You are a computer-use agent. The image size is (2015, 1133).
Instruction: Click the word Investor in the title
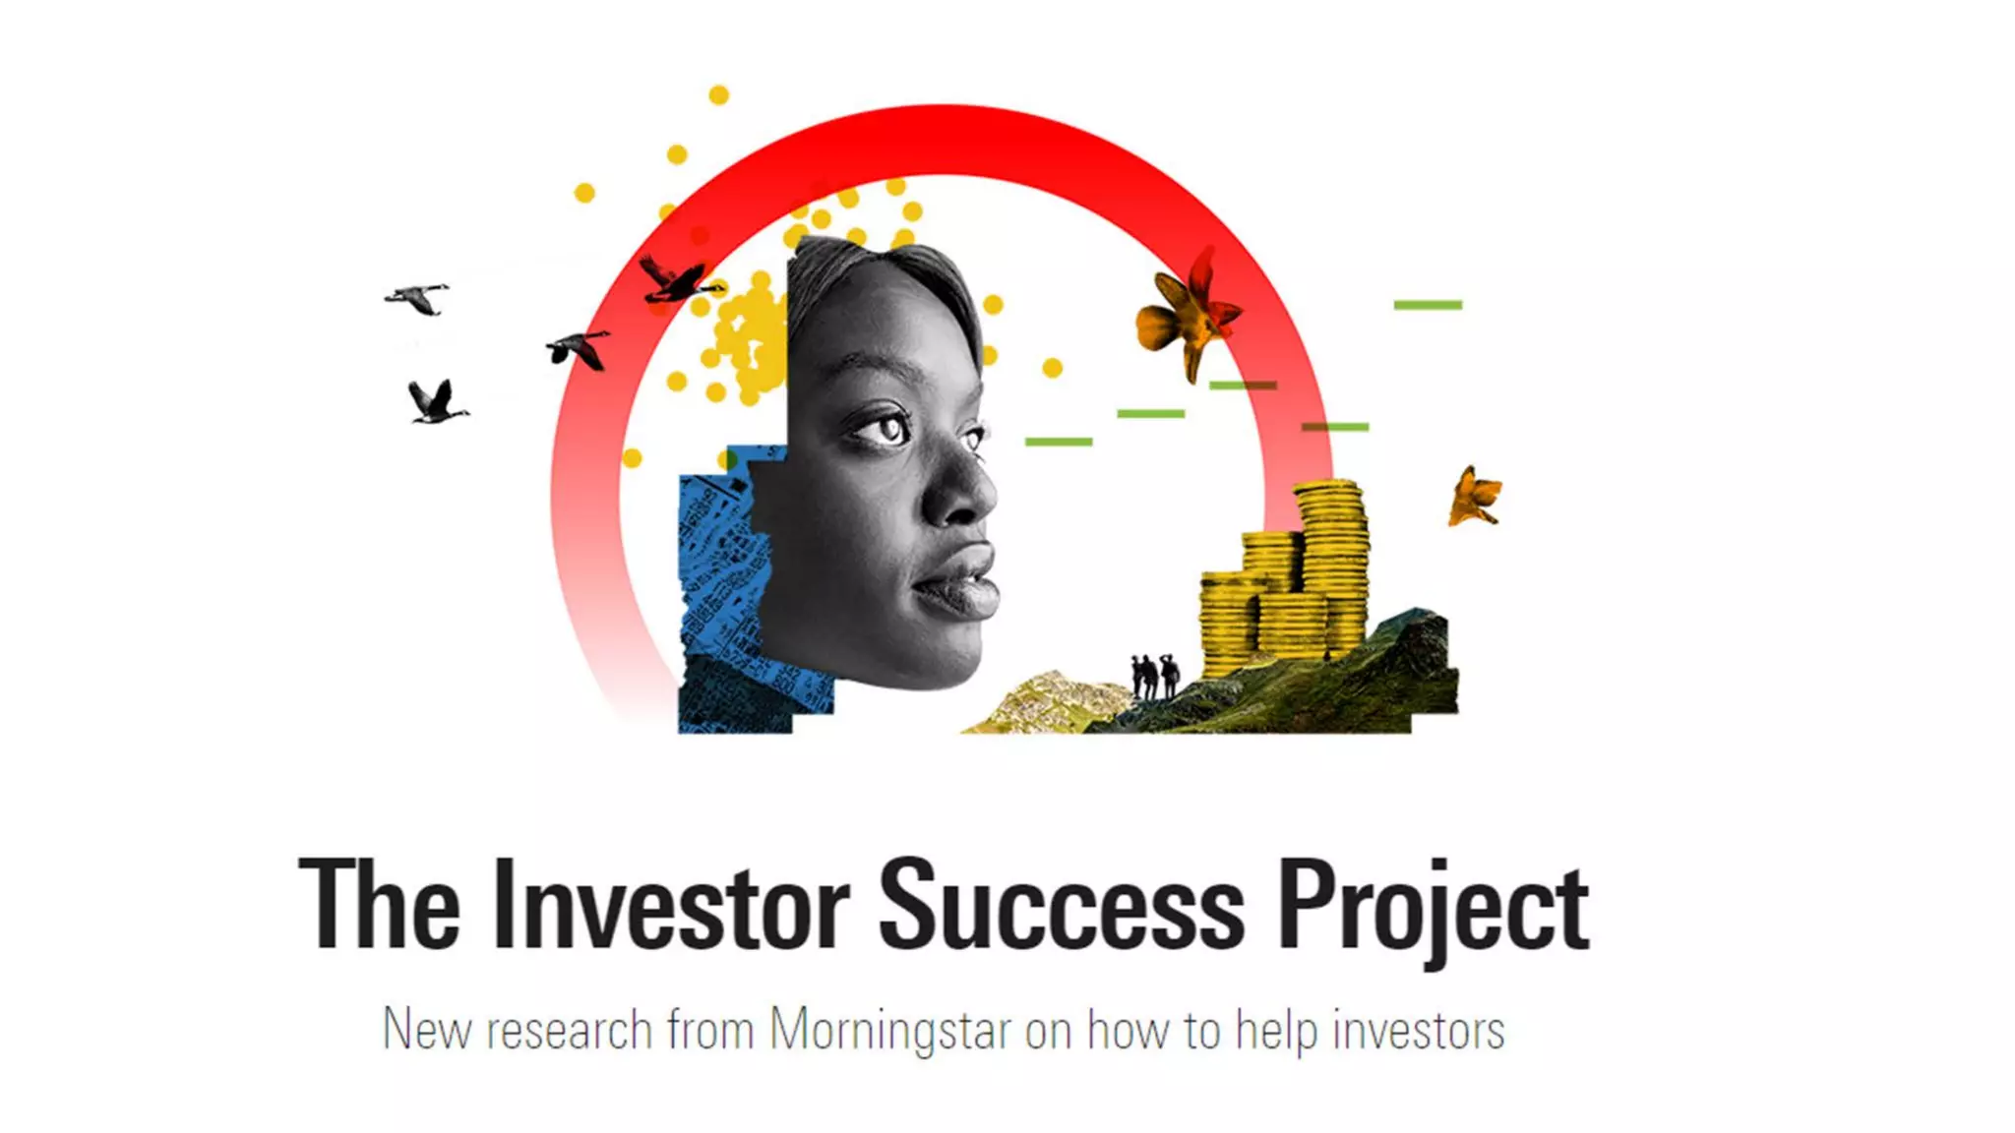tap(671, 905)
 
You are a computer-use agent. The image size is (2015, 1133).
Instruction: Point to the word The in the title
tap(380, 905)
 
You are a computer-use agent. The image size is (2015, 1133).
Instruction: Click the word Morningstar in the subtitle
tap(890, 1031)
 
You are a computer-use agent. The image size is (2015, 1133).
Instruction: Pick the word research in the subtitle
tap(570, 1031)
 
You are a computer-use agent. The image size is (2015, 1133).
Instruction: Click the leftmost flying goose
tap(418, 298)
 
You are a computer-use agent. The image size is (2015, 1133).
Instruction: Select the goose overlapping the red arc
tap(677, 280)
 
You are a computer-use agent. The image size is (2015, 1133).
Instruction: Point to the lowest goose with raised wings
tap(436, 401)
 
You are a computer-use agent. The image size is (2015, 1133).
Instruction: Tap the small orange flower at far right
tap(1474, 497)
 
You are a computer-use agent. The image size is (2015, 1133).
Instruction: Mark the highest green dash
tap(1428, 305)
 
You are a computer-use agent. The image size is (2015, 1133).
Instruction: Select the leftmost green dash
tap(1059, 442)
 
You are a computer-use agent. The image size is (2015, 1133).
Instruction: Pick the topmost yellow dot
tap(719, 95)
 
